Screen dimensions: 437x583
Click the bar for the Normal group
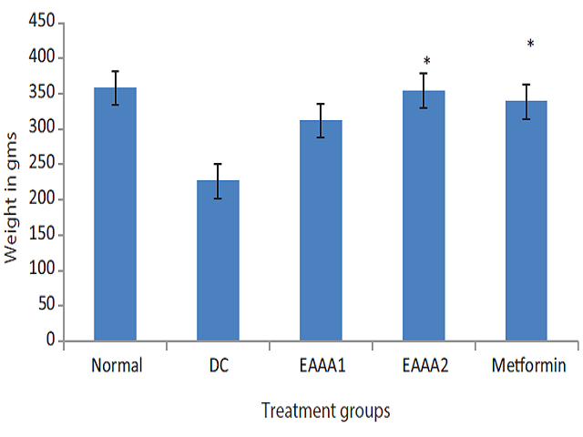(116, 215)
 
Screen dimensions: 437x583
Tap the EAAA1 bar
(321, 231)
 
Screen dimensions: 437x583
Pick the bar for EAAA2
(424, 216)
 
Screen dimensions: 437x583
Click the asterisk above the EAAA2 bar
(426, 62)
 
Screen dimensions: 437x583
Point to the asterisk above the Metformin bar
(530, 45)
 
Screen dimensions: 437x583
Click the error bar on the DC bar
(218, 181)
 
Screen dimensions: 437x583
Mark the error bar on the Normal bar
(116, 88)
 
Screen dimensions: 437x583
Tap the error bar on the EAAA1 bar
(321, 120)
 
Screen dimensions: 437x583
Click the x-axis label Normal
(116, 366)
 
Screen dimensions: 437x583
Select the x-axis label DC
(218, 366)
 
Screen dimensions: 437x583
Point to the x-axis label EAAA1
(321, 366)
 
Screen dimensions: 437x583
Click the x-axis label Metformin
(528, 366)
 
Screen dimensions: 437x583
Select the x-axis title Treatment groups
(325, 412)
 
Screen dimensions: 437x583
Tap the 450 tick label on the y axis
(39, 23)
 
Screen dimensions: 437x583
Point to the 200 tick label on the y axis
(39, 199)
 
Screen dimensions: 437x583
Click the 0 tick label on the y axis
(49, 340)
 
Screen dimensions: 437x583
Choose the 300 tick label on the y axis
(39, 128)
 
